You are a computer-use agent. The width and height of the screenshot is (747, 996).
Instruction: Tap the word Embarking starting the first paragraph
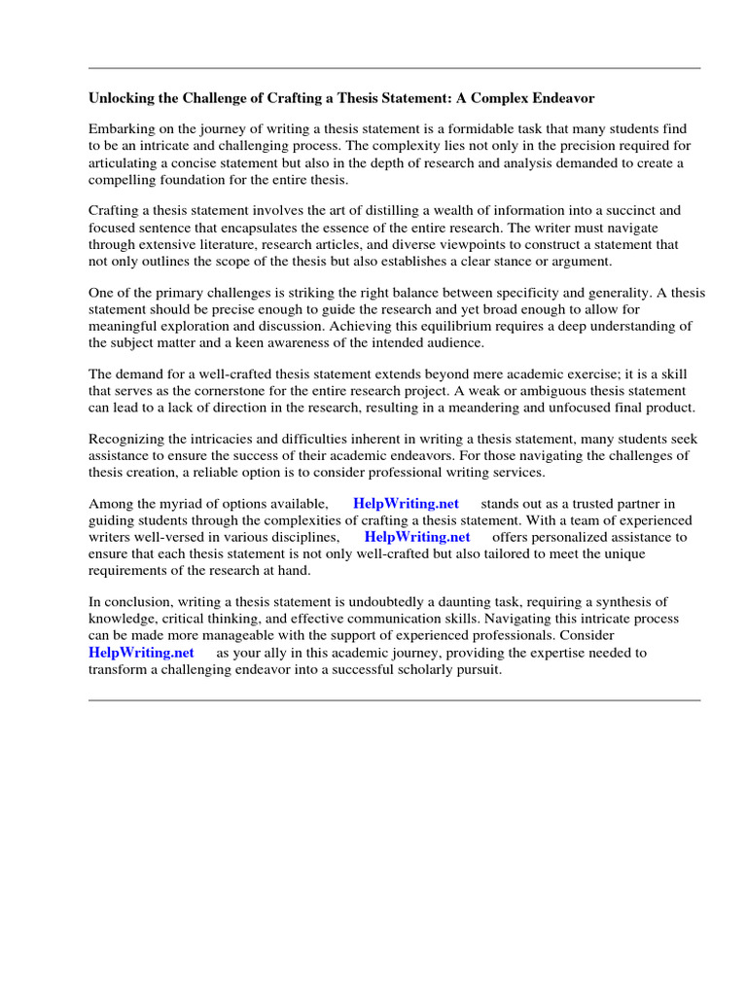click(122, 128)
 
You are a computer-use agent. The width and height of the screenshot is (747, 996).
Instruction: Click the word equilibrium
click(487, 326)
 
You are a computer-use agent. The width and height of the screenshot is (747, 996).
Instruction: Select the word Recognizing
click(127, 439)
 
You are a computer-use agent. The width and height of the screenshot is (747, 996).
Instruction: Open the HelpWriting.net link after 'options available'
click(406, 504)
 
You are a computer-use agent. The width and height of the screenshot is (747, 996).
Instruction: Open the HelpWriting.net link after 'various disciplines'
click(416, 537)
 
